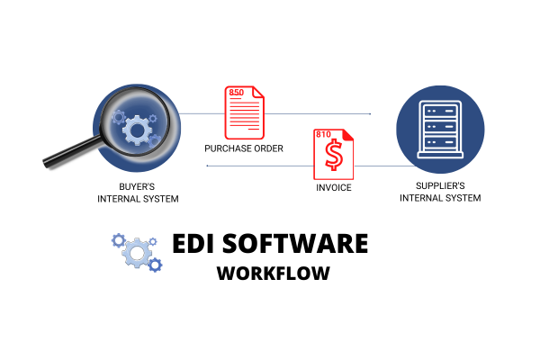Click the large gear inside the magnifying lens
[137, 131]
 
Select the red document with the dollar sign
[334, 155]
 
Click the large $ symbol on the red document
[335, 157]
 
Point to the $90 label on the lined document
[236, 93]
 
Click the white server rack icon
[441, 129]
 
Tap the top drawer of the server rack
[441, 112]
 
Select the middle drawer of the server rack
[441, 127]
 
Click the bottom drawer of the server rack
[441, 142]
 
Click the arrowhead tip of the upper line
[370, 114]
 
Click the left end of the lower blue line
[208, 166]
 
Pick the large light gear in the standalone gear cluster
[137, 253]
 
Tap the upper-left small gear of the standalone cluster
[118, 239]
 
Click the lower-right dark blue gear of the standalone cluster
[155, 265]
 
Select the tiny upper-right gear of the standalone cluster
[152, 241]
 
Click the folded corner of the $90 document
[258, 92]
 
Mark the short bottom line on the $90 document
[254, 130]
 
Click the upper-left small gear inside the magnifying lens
[119, 116]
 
